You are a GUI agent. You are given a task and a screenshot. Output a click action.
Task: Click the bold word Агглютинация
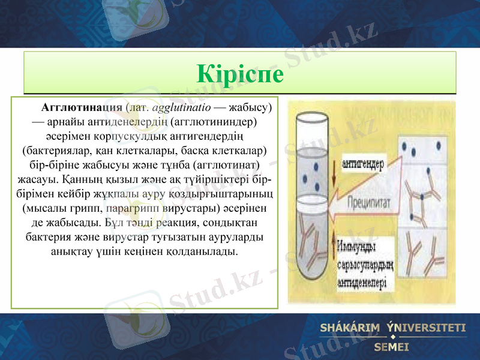(82, 109)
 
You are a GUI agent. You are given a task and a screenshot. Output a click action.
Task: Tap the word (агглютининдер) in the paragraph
(214, 122)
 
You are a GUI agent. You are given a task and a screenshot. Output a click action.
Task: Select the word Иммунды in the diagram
(357, 246)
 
